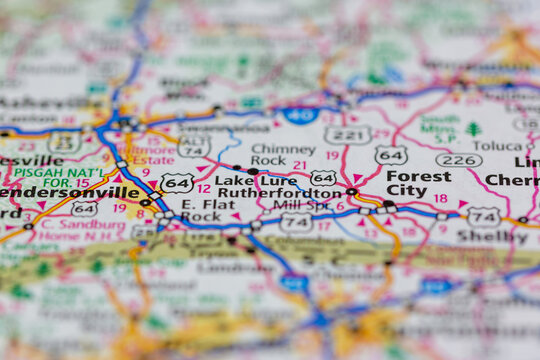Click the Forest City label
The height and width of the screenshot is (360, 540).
[x=418, y=183]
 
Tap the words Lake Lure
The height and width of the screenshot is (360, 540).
[x=243, y=180]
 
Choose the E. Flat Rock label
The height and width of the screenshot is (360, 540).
[x=201, y=208]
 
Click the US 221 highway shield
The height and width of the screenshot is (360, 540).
[x=347, y=134]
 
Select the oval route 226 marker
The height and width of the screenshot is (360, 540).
[x=458, y=160]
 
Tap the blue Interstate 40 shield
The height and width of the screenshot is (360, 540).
[x=299, y=115]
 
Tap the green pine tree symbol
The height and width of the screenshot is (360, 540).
[x=473, y=129]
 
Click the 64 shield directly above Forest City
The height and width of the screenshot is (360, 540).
[x=391, y=155]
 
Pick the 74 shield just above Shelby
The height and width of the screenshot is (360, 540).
[x=483, y=216]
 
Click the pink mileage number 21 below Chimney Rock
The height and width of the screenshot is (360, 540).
[x=300, y=165]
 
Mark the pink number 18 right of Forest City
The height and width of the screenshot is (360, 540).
[x=440, y=198]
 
